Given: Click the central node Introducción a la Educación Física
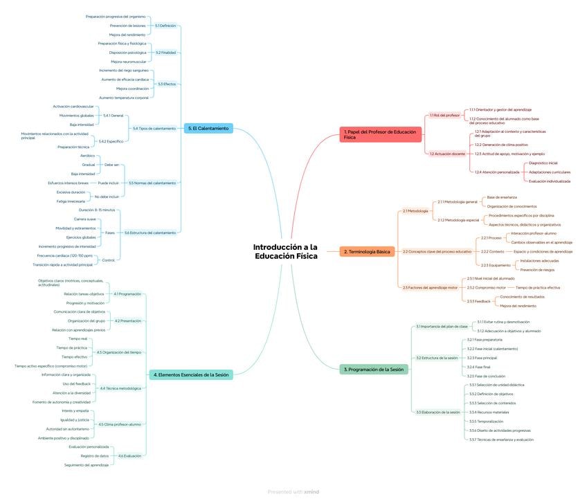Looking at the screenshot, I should [x=285, y=251].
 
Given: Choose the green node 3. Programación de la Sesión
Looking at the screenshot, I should [x=374, y=370].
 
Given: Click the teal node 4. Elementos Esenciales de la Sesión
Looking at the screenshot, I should [x=191, y=374].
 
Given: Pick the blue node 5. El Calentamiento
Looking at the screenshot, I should [x=208, y=128].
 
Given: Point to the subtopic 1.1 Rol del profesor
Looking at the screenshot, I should [x=444, y=115].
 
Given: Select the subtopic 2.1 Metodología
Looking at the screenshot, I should [x=415, y=210].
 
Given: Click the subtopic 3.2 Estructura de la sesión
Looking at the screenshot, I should [x=437, y=358].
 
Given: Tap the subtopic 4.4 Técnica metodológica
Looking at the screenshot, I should [x=120, y=388].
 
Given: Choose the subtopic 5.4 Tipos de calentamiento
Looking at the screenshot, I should [x=154, y=128].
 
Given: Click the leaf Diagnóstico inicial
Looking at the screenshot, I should [x=543, y=163].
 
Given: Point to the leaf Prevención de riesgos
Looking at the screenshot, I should [x=537, y=269].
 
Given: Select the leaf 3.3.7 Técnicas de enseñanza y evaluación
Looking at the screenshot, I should [x=501, y=439].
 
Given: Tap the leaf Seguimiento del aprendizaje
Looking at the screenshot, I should [x=87, y=464].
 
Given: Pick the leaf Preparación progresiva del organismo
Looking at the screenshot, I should [x=116, y=17].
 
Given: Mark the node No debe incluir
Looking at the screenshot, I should [x=107, y=197].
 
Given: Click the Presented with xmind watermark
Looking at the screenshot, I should [x=293, y=492].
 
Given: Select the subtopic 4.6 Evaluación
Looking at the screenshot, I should [x=129, y=455].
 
